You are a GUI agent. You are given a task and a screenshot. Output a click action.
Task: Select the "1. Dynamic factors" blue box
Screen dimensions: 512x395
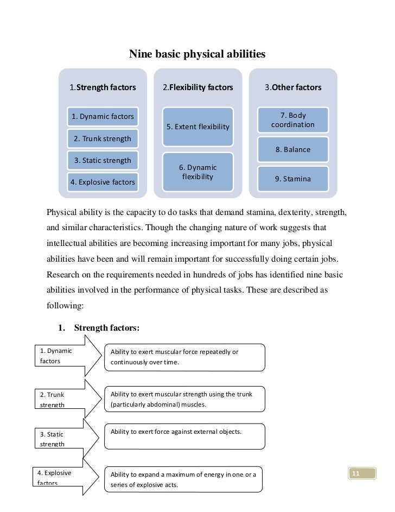tap(103, 116)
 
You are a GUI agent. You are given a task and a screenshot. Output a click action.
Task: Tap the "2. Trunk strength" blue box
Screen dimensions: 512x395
tap(103, 138)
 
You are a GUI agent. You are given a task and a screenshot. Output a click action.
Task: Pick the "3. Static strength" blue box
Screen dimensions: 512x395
tap(103, 160)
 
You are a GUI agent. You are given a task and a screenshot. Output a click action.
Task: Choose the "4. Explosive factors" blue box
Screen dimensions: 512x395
tap(103, 182)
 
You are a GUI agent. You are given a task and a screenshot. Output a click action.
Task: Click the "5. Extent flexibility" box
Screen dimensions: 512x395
tap(198, 127)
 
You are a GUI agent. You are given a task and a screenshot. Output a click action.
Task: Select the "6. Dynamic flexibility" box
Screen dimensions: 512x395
tap(198, 172)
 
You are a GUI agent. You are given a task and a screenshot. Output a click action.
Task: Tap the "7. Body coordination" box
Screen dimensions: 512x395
tap(293, 120)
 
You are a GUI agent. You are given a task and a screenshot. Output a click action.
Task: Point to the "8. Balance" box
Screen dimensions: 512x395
tap(293, 150)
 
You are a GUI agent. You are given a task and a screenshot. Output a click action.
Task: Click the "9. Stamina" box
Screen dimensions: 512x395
tap(293, 179)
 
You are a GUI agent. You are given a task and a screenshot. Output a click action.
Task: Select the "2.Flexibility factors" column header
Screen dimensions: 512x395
tap(198, 87)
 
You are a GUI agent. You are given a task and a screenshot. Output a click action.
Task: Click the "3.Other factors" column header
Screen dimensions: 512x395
tap(293, 87)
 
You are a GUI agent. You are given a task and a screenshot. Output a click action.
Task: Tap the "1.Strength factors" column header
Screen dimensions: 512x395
tap(103, 87)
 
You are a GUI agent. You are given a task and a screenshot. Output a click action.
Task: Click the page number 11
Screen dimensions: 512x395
tap(356, 474)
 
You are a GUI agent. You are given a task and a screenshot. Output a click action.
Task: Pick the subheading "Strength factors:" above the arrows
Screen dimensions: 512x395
tap(107, 328)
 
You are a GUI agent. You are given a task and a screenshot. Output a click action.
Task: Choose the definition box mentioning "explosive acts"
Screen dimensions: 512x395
tap(182, 480)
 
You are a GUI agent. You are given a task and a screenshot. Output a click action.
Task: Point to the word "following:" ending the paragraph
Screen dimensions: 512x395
tap(65, 306)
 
